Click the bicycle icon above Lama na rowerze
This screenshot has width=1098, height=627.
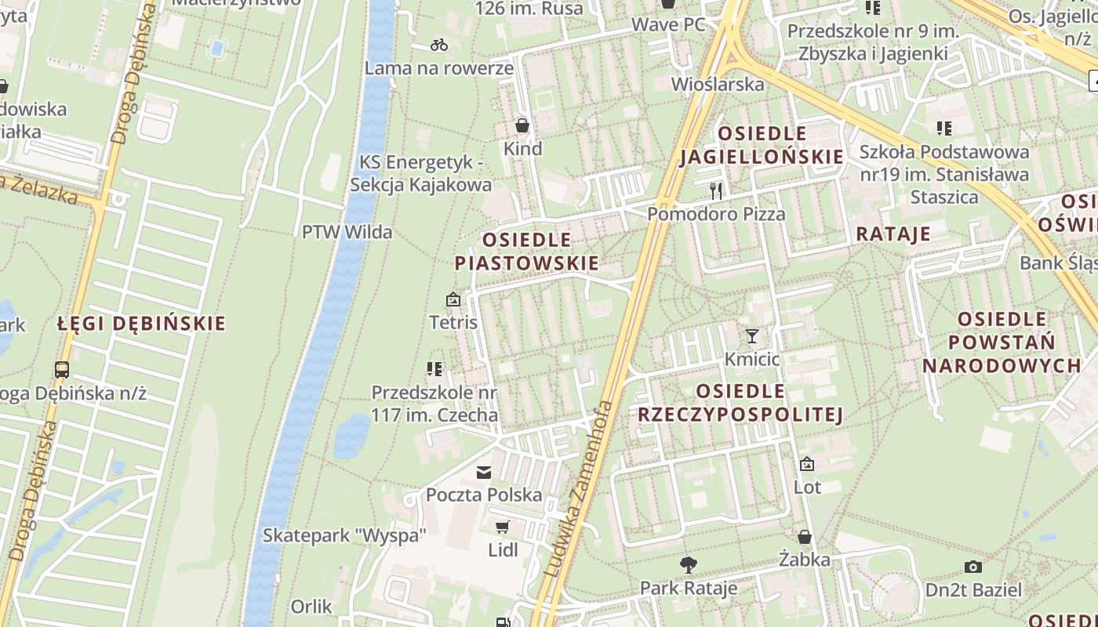pyautogui.click(x=439, y=45)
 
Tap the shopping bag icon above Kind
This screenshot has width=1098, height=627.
pyautogui.click(x=522, y=125)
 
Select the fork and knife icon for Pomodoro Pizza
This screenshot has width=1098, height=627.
pyautogui.click(x=715, y=190)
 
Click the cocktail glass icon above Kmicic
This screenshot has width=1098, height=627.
pyautogui.click(x=752, y=336)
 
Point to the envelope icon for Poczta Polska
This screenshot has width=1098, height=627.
pyautogui.click(x=484, y=472)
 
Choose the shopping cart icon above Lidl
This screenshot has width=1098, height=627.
pyautogui.click(x=503, y=527)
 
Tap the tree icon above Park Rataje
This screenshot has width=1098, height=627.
pyautogui.click(x=689, y=564)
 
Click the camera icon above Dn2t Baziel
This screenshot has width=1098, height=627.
pyautogui.click(x=973, y=567)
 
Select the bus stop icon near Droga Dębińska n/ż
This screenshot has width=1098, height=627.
pyautogui.click(x=62, y=370)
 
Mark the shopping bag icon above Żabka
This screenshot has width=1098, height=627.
pyautogui.click(x=805, y=537)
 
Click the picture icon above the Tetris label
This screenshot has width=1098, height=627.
pyautogui.click(x=453, y=299)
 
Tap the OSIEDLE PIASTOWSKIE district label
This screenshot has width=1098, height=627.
pyautogui.click(x=526, y=252)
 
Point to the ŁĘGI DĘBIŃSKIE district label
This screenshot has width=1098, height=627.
pyautogui.click(x=142, y=324)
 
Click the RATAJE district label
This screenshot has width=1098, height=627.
pyautogui.click(x=893, y=234)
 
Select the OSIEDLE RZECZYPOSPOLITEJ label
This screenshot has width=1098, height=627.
pyautogui.click(x=740, y=403)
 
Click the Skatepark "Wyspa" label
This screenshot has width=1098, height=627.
pyautogui.click(x=344, y=535)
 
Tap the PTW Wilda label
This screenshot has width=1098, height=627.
pyautogui.click(x=347, y=232)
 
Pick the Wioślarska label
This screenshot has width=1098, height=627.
pyautogui.click(x=718, y=84)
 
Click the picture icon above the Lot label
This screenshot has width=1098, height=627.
pyautogui.click(x=807, y=464)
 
